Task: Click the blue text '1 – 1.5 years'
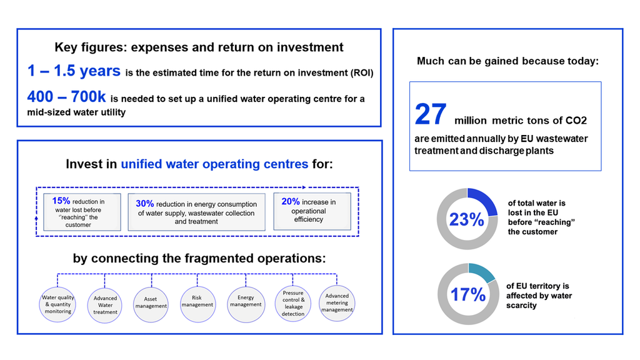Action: click(x=74, y=71)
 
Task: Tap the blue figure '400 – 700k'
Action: click(x=67, y=97)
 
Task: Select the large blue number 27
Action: click(x=431, y=114)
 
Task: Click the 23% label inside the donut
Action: click(x=466, y=220)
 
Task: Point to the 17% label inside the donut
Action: click(x=467, y=294)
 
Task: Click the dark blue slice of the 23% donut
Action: click(x=484, y=201)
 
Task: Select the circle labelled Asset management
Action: click(x=151, y=303)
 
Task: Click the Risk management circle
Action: click(x=197, y=302)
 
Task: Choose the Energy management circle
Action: click(x=245, y=302)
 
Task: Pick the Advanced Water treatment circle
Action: click(x=105, y=304)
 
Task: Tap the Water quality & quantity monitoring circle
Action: click(x=57, y=304)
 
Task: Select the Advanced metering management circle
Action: click(x=337, y=302)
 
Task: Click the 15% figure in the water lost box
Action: click(x=61, y=201)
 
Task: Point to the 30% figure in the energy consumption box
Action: click(x=144, y=204)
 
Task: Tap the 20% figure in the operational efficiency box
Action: click(x=290, y=202)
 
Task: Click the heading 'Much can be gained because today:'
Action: click(x=507, y=61)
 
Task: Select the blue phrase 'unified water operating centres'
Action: click(x=214, y=164)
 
